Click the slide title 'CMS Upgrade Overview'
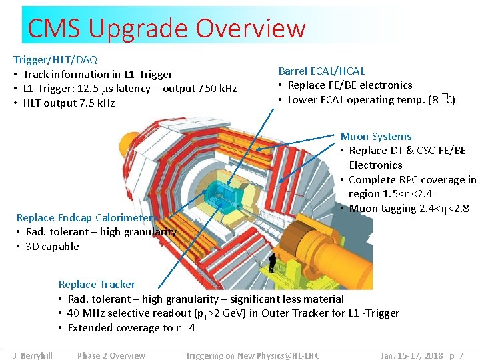pos(167,29)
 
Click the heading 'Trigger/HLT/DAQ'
pos(55,60)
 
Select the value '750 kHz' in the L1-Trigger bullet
pos(217,89)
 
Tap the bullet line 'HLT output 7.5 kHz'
pos(69,103)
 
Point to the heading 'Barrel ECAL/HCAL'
pos(322,71)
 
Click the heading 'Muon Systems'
pos(376,137)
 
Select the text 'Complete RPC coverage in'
pos(412,180)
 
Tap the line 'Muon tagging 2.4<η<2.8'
pos(409,209)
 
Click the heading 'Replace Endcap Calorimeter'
pos(85,218)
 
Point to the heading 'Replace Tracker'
pos(97,285)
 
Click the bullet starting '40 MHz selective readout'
pos(233,313)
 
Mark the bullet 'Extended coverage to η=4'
pos(131,328)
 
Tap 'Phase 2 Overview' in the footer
pos(111,355)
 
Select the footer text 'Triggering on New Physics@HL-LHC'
pos(253,355)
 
